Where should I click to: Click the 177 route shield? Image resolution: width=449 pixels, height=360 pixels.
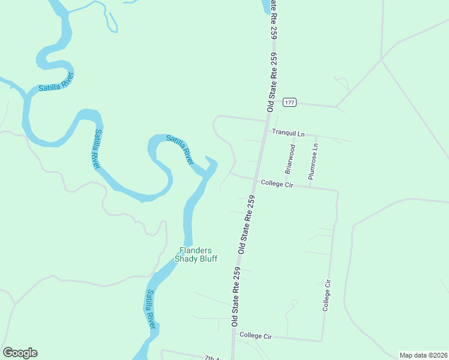click(x=290, y=102)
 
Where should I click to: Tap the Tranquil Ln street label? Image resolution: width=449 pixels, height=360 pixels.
click(x=288, y=132)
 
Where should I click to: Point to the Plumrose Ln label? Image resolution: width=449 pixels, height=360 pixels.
click(x=312, y=161)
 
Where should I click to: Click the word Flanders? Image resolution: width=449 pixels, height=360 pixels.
click(x=196, y=251)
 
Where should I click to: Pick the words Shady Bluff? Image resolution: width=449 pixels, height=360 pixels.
click(x=196, y=259)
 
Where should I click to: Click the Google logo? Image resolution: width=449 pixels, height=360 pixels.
click(x=20, y=353)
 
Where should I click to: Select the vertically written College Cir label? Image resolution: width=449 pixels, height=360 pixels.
click(x=327, y=295)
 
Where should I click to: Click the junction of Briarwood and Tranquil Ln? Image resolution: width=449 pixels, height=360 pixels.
click(x=294, y=134)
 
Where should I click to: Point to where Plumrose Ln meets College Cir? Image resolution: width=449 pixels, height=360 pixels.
click(x=310, y=186)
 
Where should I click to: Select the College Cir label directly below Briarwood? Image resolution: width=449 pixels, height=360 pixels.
click(x=276, y=183)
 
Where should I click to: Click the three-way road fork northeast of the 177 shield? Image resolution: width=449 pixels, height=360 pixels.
click(x=381, y=59)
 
